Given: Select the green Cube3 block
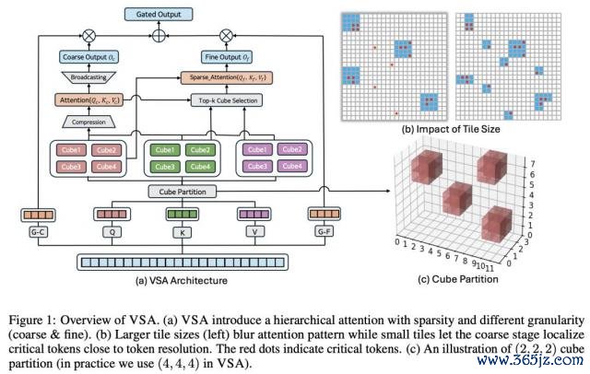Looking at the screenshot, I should [x=165, y=166].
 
